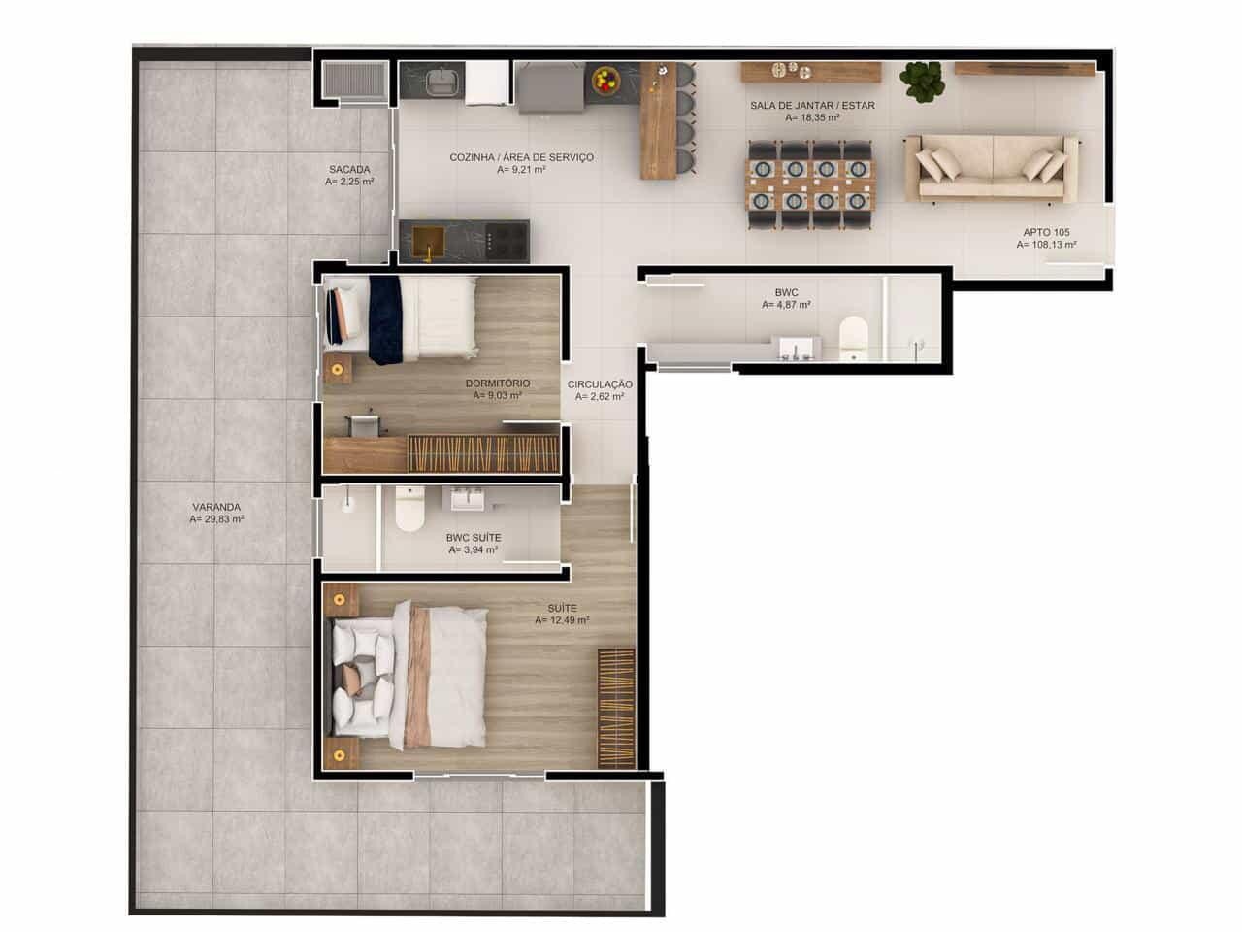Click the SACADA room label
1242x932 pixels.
(349, 169)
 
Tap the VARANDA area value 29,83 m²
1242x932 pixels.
(217, 519)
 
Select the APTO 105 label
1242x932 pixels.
(1047, 232)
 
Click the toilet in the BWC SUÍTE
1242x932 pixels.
(410, 510)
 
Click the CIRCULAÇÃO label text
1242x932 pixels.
(600, 384)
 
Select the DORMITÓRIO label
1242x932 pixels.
(498, 383)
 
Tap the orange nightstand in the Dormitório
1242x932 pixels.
(338, 369)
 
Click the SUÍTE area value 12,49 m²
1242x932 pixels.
(562, 620)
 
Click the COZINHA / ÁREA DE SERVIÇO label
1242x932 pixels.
(521, 157)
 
